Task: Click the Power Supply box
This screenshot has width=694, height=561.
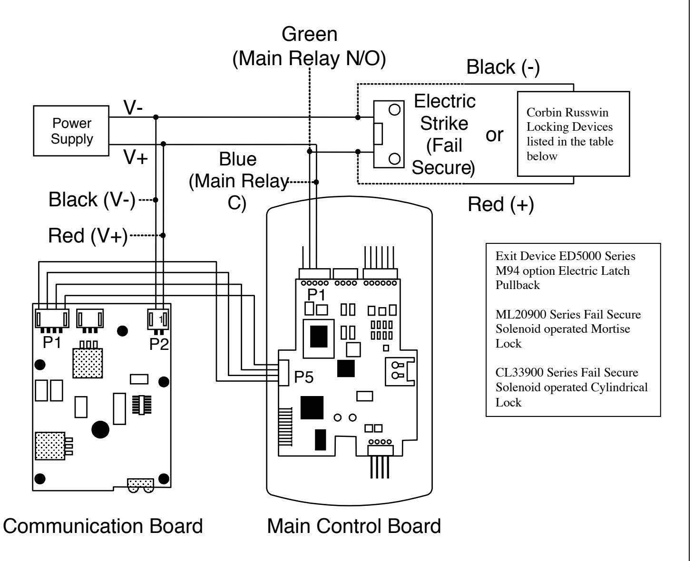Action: click(x=71, y=131)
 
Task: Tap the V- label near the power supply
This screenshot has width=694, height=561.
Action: click(x=133, y=107)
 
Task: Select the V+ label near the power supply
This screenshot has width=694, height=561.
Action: click(x=136, y=157)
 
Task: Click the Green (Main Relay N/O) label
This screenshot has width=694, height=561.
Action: click(x=309, y=46)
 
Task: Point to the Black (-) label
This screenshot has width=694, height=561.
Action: click(x=503, y=67)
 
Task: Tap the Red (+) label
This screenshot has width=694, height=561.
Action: click(x=501, y=205)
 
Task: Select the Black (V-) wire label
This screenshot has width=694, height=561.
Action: click(x=92, y=200)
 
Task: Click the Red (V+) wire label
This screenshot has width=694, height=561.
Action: click(x=88, y=236)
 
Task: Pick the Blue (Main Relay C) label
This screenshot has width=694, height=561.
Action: click(x=239, y=181)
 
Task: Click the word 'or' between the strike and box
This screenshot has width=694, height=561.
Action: click(x=494, y=135)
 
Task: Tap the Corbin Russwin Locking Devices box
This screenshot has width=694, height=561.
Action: click(x=574, y=134)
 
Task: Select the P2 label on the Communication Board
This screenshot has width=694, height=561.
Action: click(x=159, y=344)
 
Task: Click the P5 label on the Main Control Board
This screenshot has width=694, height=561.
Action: click(x=303, y=377)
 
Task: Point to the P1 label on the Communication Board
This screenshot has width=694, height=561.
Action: click(x=52, y=342)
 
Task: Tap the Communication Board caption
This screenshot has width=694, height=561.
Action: click(x=103, y=526)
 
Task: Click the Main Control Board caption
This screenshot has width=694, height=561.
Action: click(x=354, y=526)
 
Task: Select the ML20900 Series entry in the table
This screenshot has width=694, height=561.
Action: click(x=568, y=329)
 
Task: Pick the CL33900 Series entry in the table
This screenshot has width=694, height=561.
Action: click(x=571, y=387)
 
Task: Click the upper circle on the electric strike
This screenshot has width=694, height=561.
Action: click(x=394, y=110)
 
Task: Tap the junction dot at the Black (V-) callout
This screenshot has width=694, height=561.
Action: click(x=156, y=200)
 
